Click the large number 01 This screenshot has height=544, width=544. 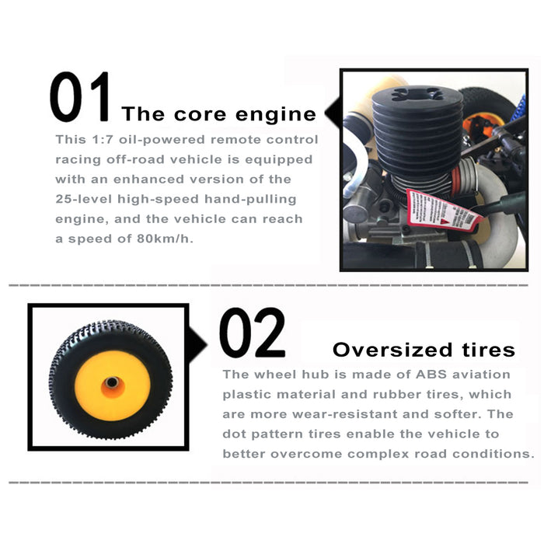(79, 96)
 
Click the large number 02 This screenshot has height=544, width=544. (253, 333)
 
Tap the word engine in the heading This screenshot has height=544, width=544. (276, 114)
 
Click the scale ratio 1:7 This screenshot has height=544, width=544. (103, 139)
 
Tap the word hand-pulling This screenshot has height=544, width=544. (250, 200)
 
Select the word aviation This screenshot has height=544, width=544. (481, 375)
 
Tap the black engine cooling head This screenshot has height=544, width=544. (417, 127)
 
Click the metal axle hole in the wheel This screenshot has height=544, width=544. (112, 382)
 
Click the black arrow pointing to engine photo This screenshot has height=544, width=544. (333, 112)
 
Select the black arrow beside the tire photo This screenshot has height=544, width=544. (197, 344)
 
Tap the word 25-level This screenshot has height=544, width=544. (84, 199)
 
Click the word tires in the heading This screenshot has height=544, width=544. (489, 350)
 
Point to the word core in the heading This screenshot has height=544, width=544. (200, 114)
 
